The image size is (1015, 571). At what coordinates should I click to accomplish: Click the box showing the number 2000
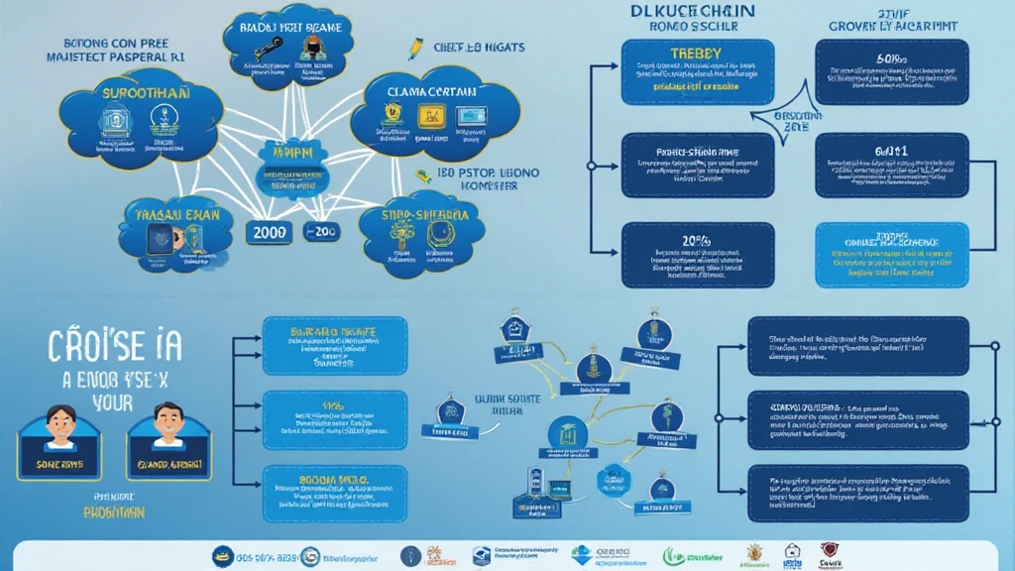click(271, 231)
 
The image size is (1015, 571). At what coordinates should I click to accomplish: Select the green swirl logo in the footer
click(673, 555)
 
